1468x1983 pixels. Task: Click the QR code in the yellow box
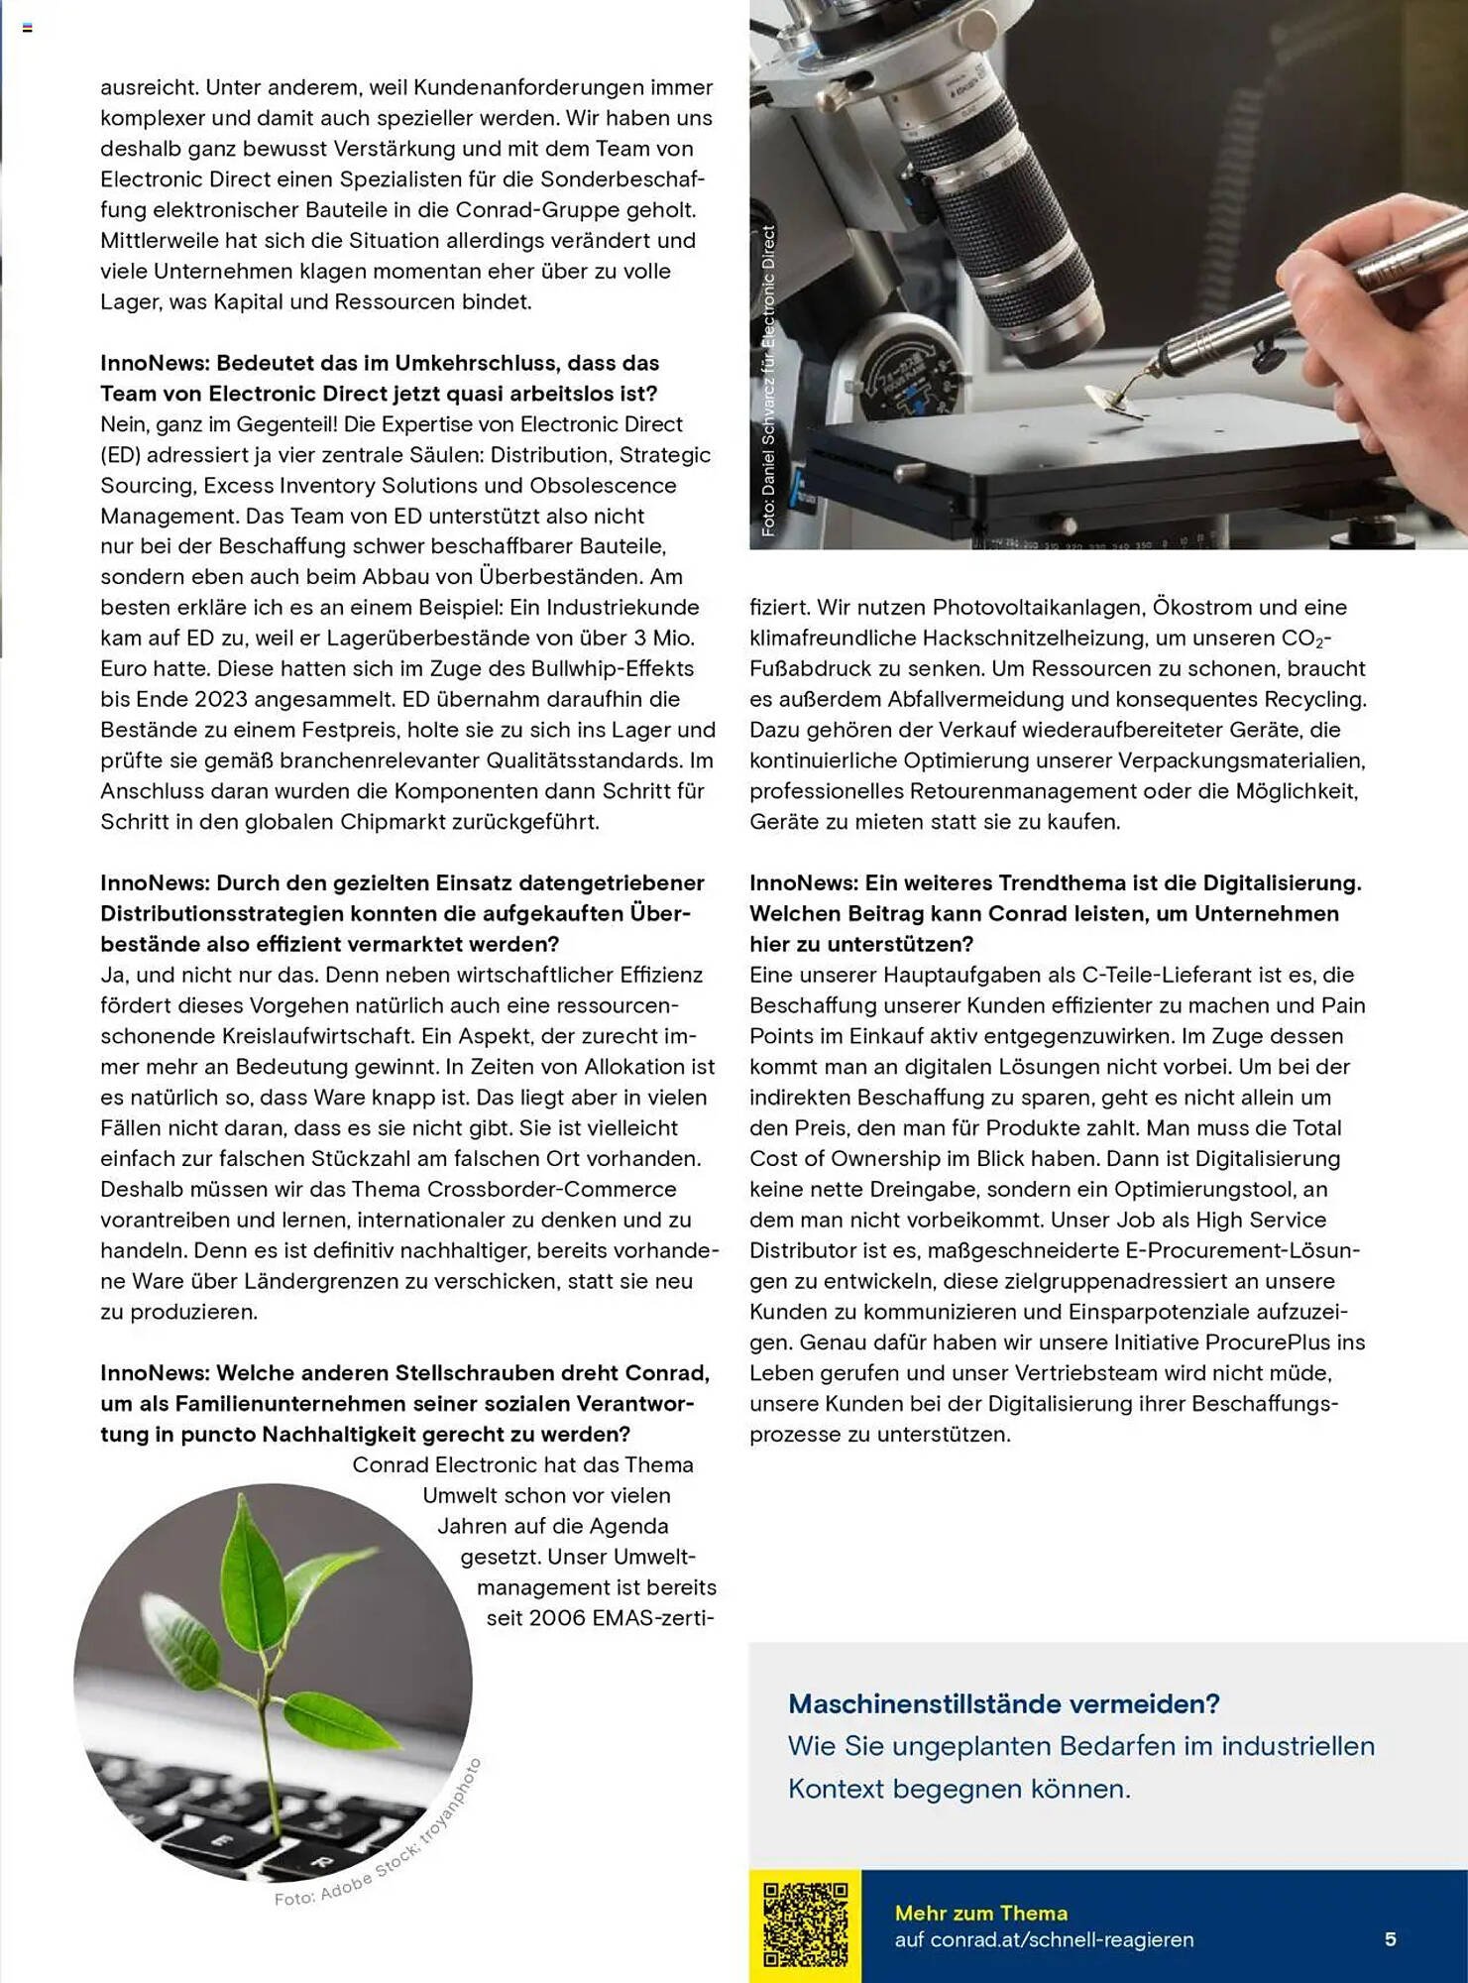[805, 1925]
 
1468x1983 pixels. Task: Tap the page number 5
[1391, 1938]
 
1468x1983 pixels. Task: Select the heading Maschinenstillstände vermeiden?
[1003, 1703]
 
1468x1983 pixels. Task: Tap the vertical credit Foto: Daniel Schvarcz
[768, 382]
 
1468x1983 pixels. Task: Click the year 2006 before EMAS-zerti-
[557, 1618]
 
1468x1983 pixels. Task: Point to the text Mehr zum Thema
[980, 1913]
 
